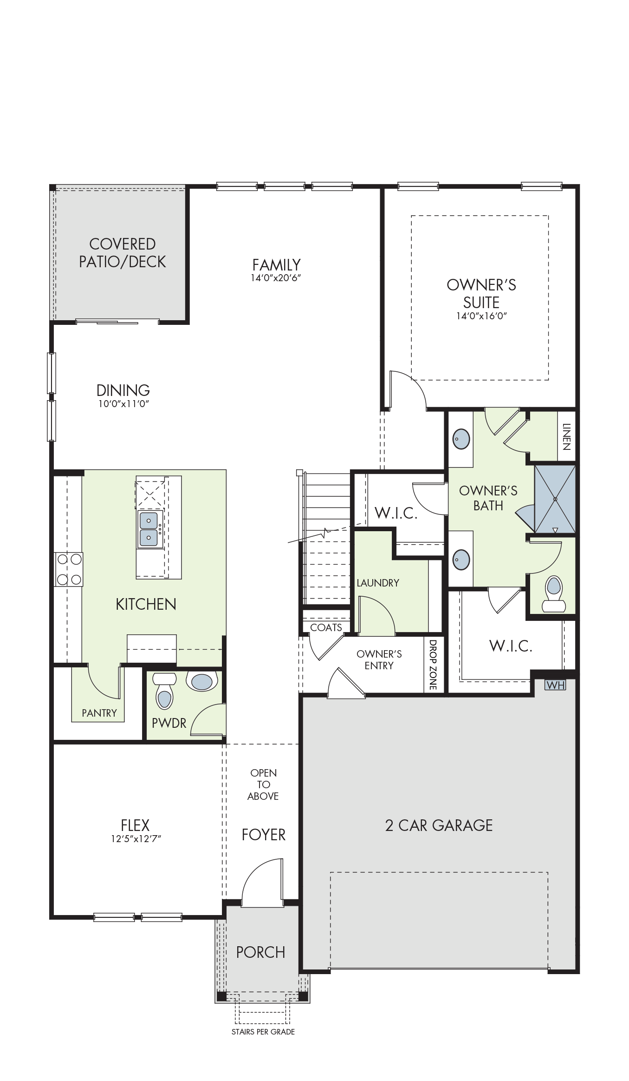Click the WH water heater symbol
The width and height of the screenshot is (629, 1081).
[555, 685]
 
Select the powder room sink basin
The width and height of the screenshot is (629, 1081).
[202, 681]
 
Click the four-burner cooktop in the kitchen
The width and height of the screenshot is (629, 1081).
[69, 569]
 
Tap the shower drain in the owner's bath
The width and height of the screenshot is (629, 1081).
[555, 499]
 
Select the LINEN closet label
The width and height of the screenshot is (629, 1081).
[566, 436]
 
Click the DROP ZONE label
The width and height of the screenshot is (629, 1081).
[433, 665]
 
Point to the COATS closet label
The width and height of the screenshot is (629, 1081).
[326, 627]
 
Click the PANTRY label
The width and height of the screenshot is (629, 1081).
[99, 713]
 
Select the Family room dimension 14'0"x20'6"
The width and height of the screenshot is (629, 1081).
[277, 278]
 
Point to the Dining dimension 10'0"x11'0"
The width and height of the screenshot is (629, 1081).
[123, 404]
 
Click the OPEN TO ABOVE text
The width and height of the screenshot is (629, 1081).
[263, 784]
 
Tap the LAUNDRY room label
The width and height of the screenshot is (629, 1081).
[378, 583]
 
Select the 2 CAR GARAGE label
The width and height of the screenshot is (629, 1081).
[439, 825]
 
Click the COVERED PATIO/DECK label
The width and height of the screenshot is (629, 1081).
[122, 253]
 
